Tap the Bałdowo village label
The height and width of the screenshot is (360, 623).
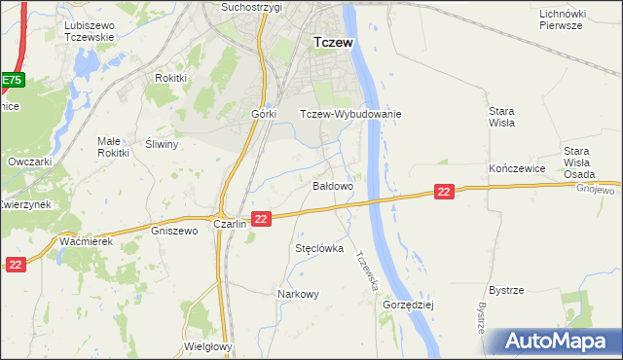click(332, 184)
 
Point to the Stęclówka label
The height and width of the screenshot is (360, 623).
click(320, 248)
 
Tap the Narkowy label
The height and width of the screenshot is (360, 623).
click(298, 294)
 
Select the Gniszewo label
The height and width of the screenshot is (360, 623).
click(175, 231)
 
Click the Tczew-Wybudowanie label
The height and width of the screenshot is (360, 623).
click(350, 113)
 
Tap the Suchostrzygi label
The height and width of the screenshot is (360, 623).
click(251, 7)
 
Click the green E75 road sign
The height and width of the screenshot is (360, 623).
click(11, 80)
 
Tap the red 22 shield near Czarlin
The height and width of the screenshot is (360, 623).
click(260, 220)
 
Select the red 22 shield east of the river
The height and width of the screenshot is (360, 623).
click(444, 193)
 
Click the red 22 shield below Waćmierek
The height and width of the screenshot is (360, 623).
click(15, 264)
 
